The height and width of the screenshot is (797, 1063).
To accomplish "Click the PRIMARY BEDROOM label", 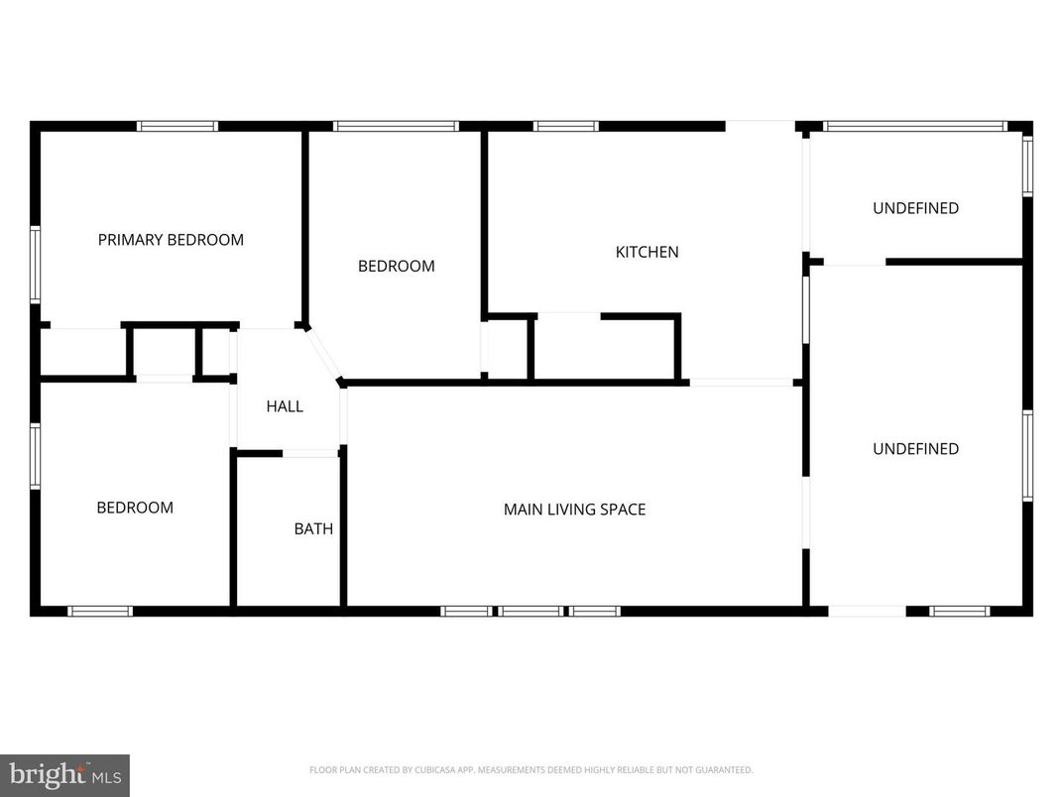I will tap(171, 240).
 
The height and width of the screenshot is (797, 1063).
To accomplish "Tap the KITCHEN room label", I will tap(648, 252).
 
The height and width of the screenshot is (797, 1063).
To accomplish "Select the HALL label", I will tap(285, 406).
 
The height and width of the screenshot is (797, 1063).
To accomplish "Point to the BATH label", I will tap(313, 529).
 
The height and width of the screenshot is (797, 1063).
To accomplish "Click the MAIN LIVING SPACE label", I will tap(574, 510).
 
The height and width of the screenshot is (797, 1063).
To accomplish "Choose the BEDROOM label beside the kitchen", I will tap(396, 266).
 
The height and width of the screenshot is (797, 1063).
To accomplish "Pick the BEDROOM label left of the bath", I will tap(135, 508).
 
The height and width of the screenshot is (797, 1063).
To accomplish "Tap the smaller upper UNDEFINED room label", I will tap(915, 208).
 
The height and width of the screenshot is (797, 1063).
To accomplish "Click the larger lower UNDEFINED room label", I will tap(915, 449).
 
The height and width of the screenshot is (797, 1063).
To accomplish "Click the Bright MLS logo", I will tap(64, 774).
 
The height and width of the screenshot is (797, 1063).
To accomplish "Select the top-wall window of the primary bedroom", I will tap(177, 126).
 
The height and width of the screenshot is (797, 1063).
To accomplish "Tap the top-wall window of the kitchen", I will tap(566, 126).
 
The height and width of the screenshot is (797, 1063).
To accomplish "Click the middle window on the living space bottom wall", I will tap(531, 611).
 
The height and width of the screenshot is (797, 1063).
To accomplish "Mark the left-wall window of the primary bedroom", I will tap(35, 265).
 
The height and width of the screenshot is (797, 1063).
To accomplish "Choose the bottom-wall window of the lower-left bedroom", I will tap(100, 611).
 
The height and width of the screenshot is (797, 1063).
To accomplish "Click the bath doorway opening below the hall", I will tap(311, 453).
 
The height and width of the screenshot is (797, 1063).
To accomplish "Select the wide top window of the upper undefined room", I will tap(915, 126).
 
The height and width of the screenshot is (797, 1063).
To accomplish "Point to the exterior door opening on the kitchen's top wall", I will tap(760, 126).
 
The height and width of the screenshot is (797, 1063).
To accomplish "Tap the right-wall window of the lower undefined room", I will tap(1028, 455).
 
